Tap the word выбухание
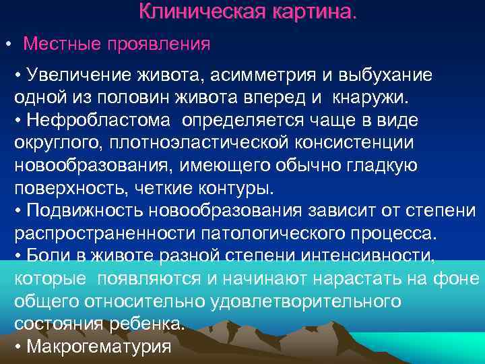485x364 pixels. click(390, 75)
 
